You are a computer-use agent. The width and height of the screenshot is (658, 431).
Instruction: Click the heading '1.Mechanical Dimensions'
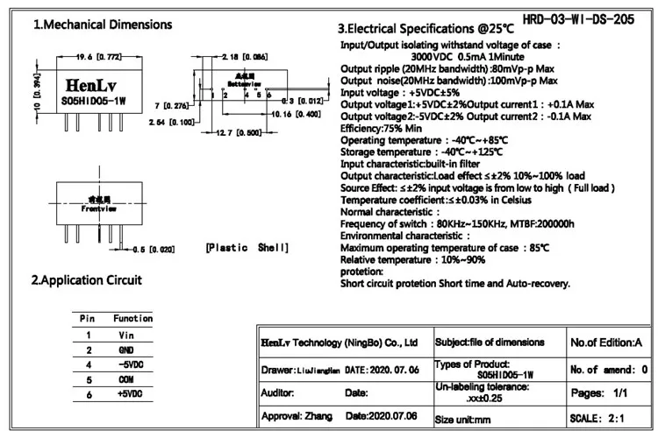coord(103,25)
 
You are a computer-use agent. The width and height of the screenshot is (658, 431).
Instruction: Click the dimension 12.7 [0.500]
coord(238,133)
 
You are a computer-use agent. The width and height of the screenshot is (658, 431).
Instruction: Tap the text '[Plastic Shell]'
coord(247,249)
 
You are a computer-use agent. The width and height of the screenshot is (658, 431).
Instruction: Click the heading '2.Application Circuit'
coord(86,280)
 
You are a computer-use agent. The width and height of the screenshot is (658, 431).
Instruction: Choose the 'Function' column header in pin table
coord(132,318)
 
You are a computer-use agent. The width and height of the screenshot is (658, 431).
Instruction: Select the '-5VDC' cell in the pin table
coord(128,364)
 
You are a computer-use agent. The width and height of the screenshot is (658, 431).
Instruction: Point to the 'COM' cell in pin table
coord(125,379)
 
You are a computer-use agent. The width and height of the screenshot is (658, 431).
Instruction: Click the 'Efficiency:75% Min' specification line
coord(387,126)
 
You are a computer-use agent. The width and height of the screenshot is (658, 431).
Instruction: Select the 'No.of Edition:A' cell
coord(607,342)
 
